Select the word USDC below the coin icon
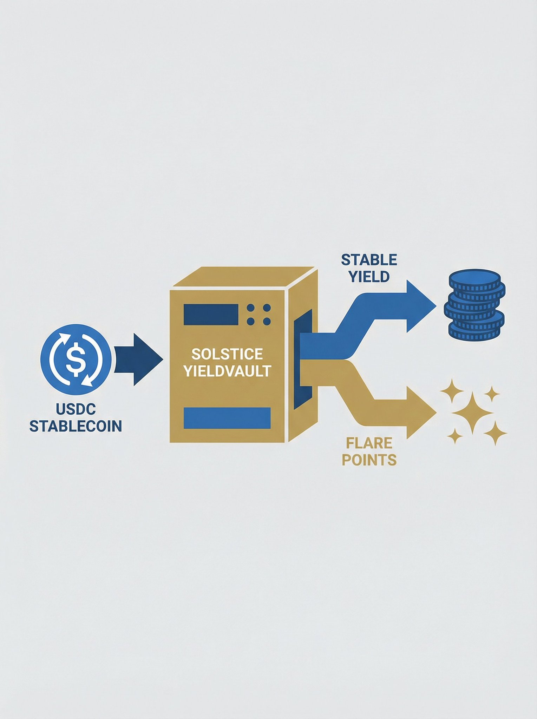pos(76,409)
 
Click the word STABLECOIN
pos(76,426)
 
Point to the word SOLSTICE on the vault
pos(227,354)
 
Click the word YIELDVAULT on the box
pos(227,371)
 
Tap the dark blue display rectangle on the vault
pos(208,315)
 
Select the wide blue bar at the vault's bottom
pos(227,418)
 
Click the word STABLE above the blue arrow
pos(369,260)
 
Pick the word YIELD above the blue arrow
pos(369,277)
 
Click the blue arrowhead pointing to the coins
pos(420,306)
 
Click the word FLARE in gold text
pos(369,443)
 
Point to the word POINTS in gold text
pos(369,460)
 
